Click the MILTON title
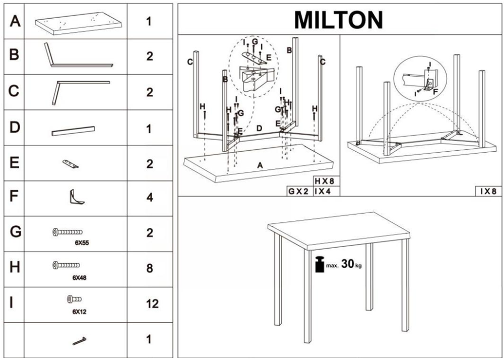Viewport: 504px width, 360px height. [338, 20]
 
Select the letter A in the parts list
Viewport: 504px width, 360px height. [15, 21]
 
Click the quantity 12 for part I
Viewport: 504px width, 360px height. [149, 304]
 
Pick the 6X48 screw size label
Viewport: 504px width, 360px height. [80, 277]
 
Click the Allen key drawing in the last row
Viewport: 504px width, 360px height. [79, 341]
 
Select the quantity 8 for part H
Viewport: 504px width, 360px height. [149, 268]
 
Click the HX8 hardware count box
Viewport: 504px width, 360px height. [325, 181]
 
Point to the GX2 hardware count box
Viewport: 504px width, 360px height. [298, 192]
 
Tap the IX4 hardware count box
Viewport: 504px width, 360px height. [325, 192]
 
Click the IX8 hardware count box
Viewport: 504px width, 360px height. [488, 192]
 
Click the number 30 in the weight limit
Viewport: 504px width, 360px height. [348, 264]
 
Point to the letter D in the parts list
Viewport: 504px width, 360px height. [15, 127]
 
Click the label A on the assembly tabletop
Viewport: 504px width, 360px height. [260, 165]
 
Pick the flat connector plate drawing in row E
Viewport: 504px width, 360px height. [71, 163]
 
